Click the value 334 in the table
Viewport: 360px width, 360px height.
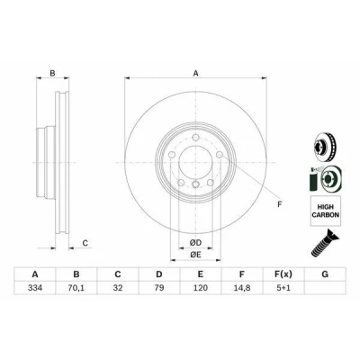(x=35, y=288)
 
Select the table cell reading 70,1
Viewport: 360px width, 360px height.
(x=76, y=288)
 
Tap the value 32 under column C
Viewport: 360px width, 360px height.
(x=118, y=288)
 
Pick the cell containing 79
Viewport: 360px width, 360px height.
(x=159, y=288)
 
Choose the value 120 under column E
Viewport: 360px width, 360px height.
(x=201, y=288)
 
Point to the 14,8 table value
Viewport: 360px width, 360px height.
(x=242, y=288)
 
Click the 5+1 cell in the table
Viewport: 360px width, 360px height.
(x=283, y=288)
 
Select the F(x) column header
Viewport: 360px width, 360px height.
(x=283, y=274)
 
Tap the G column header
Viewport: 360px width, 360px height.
(x=325, y=274)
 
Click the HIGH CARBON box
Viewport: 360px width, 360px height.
(x=326, y=211)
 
